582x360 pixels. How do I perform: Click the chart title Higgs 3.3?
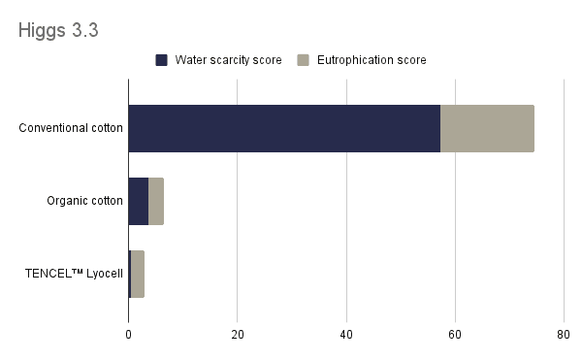58,30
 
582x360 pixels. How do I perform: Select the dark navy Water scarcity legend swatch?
161,60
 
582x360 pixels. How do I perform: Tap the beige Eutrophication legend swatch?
303,60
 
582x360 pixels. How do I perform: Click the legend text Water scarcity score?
228,60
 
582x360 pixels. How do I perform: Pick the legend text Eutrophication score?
371,60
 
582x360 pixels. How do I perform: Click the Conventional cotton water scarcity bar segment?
284,129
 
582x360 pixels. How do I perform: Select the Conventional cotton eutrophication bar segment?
487,129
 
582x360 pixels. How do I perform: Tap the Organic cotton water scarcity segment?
139,201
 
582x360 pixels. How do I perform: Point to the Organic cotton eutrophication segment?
156,201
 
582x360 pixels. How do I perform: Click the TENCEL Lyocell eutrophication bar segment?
138,274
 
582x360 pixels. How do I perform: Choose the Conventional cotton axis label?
71,129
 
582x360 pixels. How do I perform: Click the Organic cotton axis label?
84,201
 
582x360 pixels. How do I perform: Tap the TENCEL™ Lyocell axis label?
74,274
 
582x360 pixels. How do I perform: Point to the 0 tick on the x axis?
128,335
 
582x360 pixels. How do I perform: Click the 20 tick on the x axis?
237,335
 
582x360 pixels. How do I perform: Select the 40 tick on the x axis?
345,335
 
